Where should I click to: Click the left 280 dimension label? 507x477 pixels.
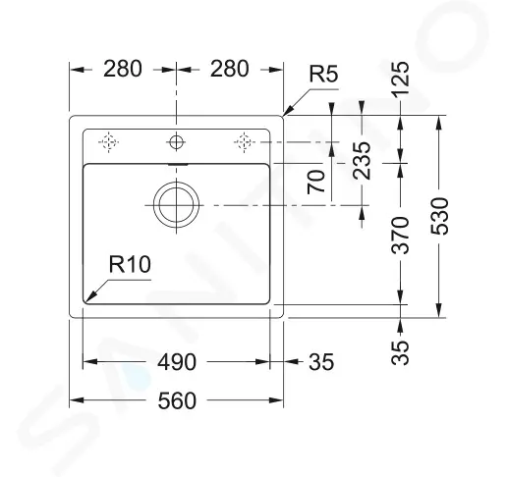tap(123, 69)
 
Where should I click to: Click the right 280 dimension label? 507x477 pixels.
tap(230, 69)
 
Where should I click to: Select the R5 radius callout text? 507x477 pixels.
tap(323, 74)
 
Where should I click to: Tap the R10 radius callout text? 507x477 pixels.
tap(130, 264)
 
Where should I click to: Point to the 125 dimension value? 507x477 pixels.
tap(401, 79)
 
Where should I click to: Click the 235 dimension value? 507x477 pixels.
tap(362, 161)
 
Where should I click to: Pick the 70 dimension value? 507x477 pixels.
tap(316, 182)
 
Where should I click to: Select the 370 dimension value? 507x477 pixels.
tap(401, 236)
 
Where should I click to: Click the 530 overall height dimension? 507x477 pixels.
tap(439, 216)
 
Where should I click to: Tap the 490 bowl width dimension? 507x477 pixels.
tap(177, 362)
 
